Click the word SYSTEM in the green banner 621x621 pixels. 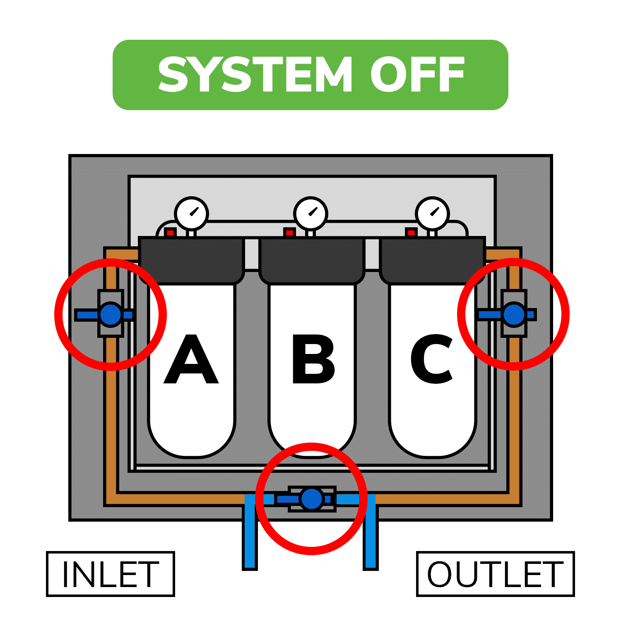[255, 75]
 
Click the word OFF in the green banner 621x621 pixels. [417, 75]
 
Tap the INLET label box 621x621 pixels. [110, 574]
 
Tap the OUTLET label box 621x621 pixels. [495, 574]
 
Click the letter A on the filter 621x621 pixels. [191, 359]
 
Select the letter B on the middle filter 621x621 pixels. [313, 359]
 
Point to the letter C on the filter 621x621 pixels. [432, 359]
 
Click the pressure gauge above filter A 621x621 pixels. [191, 214]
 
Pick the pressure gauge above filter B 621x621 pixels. [310, 214]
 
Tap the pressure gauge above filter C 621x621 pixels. [432, 214]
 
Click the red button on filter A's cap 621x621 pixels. [170, 233]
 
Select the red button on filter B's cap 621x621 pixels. [289, 233]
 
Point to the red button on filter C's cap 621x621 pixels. [411, 233]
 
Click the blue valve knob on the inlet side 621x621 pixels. [111, 315]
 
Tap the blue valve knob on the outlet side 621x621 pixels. [514, 315]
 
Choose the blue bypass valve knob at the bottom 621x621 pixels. [312, 499]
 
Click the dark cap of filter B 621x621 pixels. [312, 260]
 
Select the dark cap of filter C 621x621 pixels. [432, 260]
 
